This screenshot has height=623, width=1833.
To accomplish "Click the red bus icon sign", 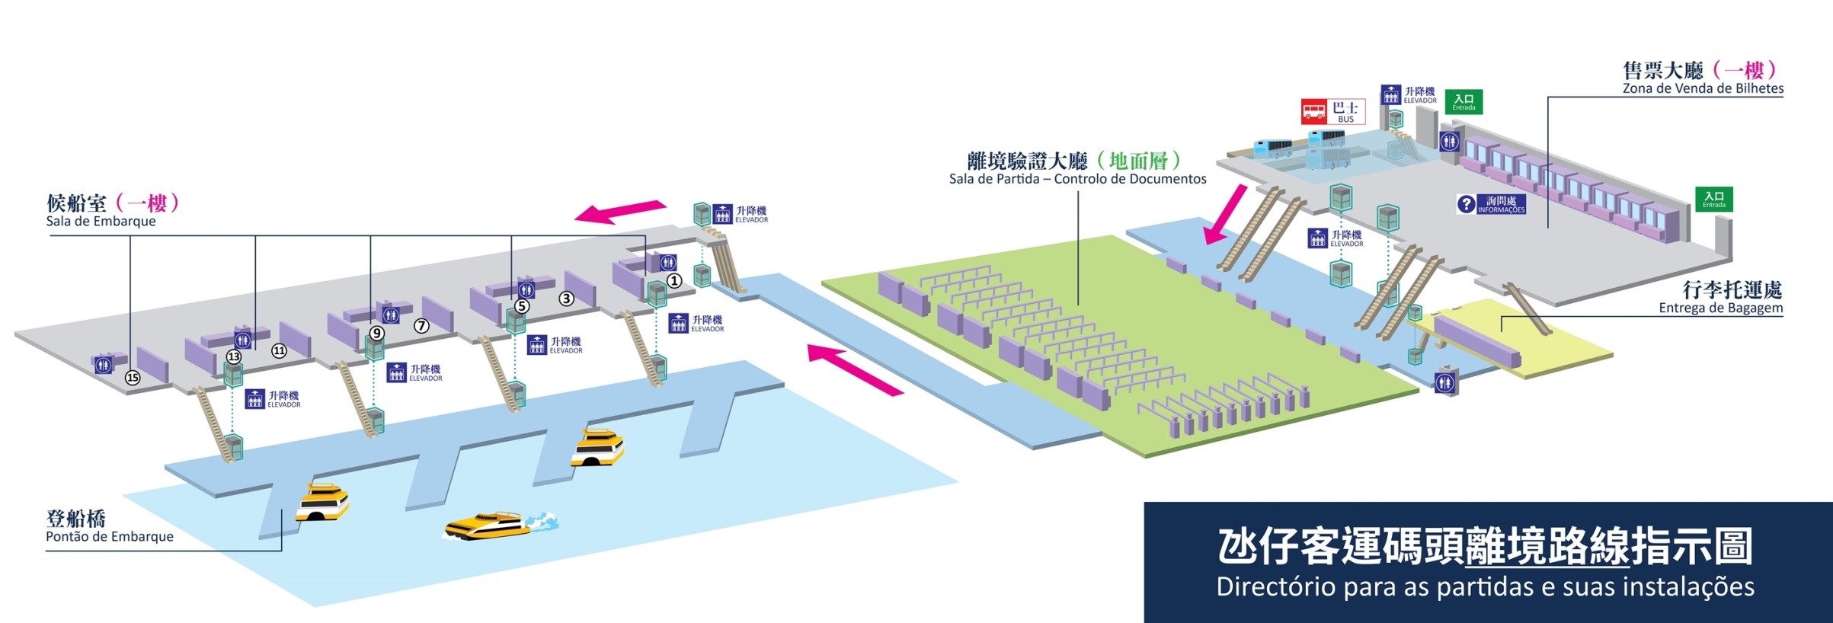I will click(1314, 112).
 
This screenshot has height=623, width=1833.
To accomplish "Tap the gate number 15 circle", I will click(133, 378).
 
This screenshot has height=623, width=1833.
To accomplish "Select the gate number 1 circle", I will click(674, 281).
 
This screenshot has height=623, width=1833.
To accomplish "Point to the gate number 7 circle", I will click(421, 326).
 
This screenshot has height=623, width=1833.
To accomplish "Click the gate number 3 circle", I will click(566, 299).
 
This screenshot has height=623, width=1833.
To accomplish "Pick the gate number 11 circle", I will click(279, 351).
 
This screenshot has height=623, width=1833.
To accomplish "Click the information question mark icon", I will click(1466, 204).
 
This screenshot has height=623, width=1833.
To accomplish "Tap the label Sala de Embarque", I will click(101, 222).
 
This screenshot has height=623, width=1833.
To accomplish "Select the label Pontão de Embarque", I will click(110, 537).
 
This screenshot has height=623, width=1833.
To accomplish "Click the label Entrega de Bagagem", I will click(1720, 308).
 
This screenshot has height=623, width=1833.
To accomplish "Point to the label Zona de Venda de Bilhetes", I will click(1703, 89).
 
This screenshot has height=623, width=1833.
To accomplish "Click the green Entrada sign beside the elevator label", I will click(1464, 101).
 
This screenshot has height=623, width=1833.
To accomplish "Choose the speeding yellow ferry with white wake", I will click(488, 526).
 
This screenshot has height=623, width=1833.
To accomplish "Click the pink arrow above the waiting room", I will click(620, 211).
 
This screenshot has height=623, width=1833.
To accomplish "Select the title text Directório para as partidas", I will click(1485, 587).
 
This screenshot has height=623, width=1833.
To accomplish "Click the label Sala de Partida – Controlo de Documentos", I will click(1077, 180).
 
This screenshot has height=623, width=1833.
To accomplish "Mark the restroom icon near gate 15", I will click(103, 366).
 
